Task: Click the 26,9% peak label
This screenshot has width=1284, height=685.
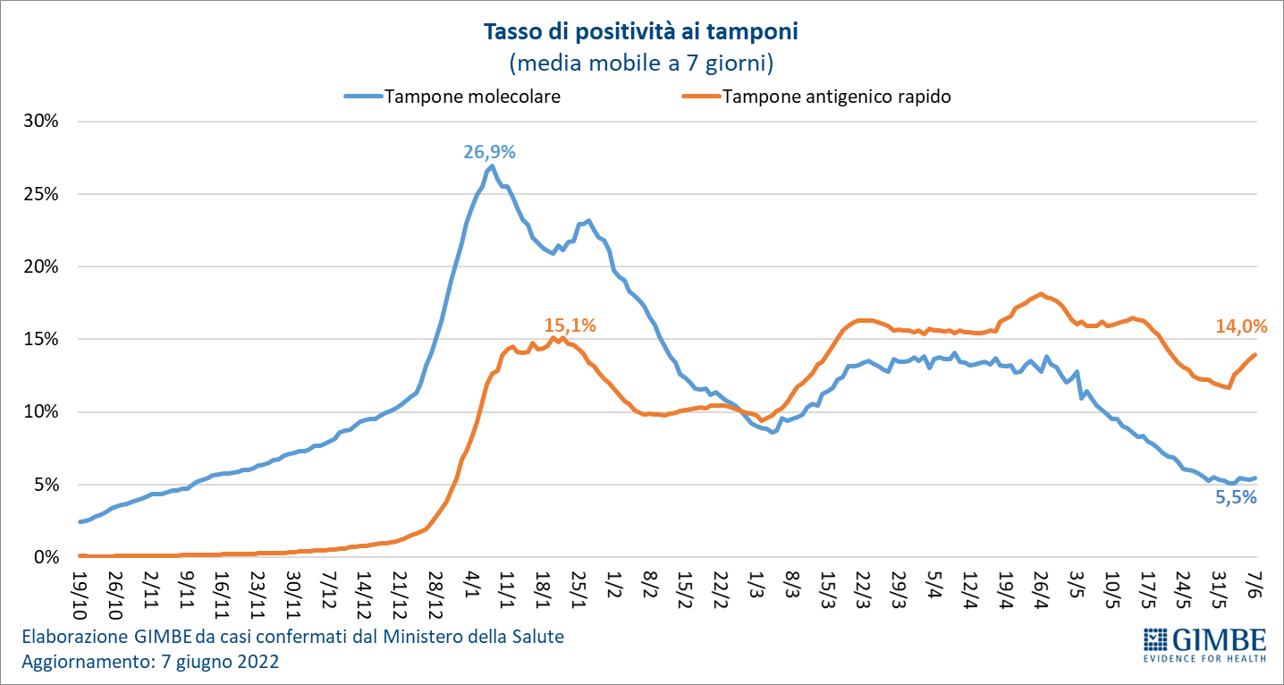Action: tap(489, 152)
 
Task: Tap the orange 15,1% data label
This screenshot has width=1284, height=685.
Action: tap(570, 325)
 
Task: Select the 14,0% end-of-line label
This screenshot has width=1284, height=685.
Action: tap(1241, 327)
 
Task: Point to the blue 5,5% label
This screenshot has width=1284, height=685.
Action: tap(1236, 498)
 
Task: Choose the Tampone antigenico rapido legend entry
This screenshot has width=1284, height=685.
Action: tap(836, 97)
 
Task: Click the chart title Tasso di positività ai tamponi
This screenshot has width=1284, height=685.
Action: tap(640, 33)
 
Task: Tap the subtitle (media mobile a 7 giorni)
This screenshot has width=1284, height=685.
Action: tap(640, 63)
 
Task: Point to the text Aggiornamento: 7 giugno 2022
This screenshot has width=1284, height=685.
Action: tap(150, 663)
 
